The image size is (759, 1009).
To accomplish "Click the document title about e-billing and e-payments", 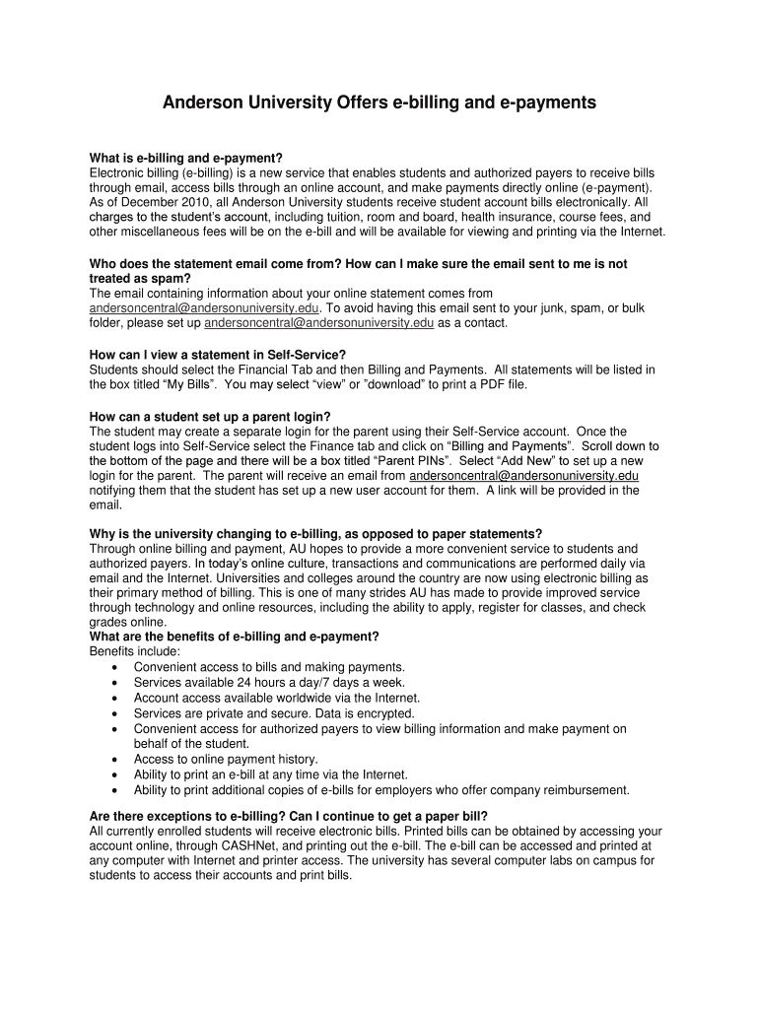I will click(x=379, y=102).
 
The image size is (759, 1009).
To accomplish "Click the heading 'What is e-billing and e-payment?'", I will click(x=186, y=158).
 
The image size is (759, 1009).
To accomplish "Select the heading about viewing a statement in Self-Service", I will click(x=218, y=355).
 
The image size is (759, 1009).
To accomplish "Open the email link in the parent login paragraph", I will click(x=523, y=475).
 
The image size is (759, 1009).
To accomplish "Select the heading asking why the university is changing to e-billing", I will click(x=315, y=534).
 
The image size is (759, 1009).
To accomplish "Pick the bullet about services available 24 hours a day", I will click(x=255, y=682).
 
